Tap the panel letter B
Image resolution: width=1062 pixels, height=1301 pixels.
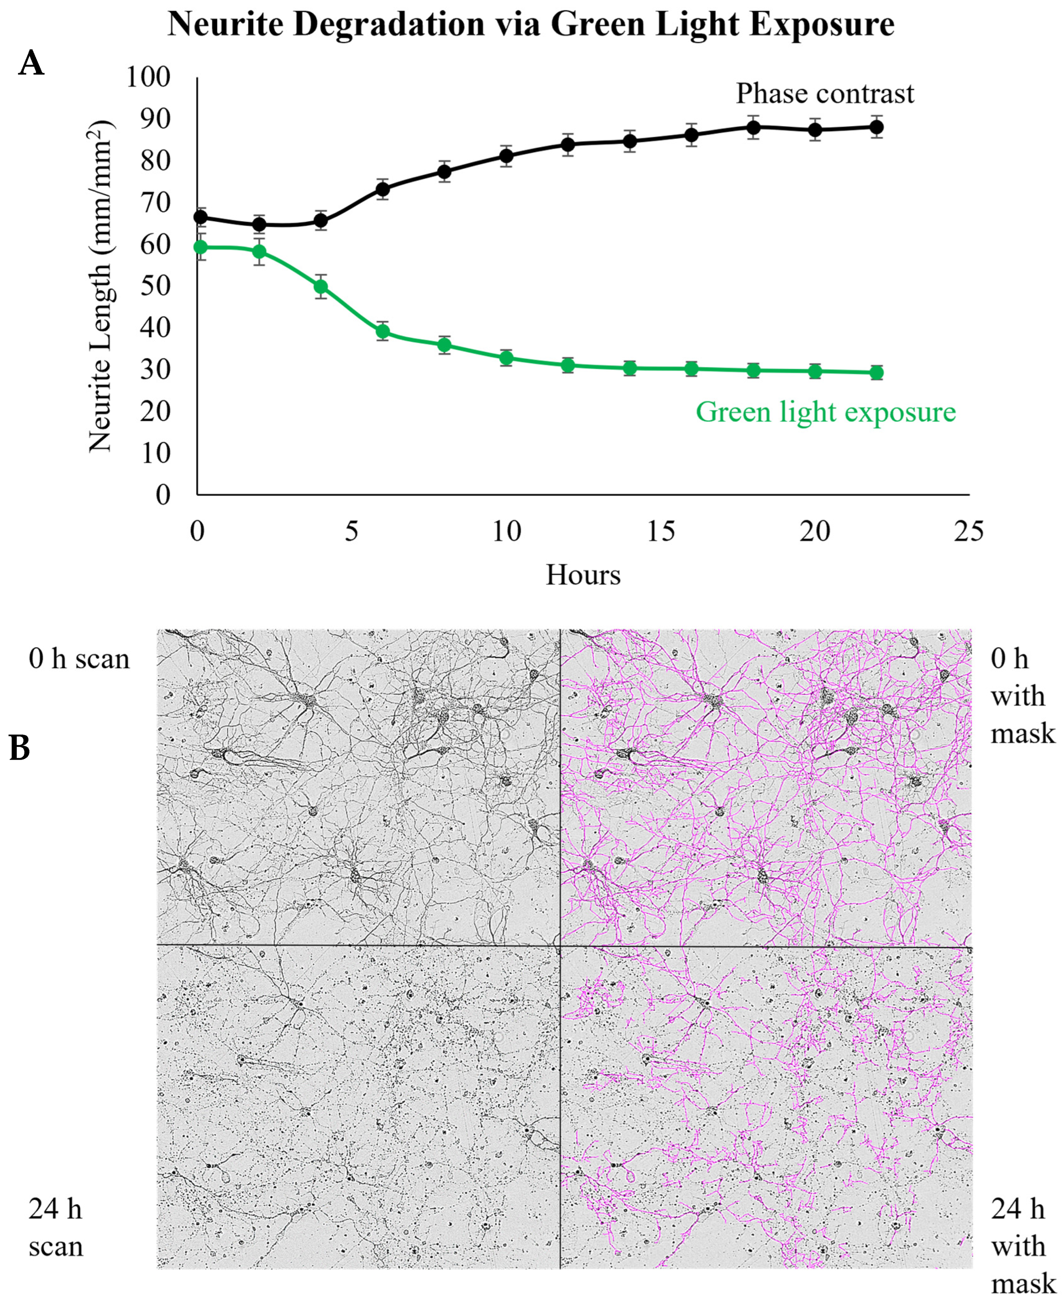pyautogui.click(x=20, y=748)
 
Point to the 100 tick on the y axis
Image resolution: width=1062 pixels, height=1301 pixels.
pyautogui.click(x=147, y=78)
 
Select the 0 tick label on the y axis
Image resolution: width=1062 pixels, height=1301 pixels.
pyautogui.click(x=163, y=494)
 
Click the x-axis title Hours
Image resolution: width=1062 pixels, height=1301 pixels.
pyautogui.click(x=583, y=575)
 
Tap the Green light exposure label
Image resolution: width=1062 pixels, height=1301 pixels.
pyautogui.click(x=825, y=412)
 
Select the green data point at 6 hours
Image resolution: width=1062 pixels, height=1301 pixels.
pyautogui.click(x=383, y=332)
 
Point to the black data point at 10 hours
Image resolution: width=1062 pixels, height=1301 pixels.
pyautogui.click(x=506, y=156)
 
